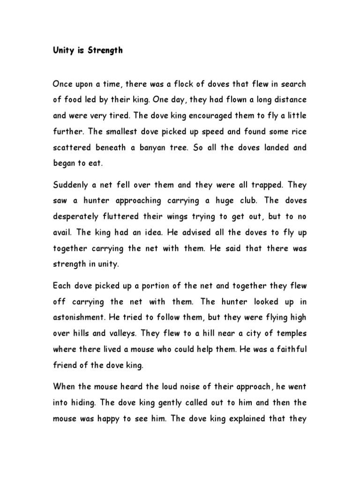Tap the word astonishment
click(x=80, y=317)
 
